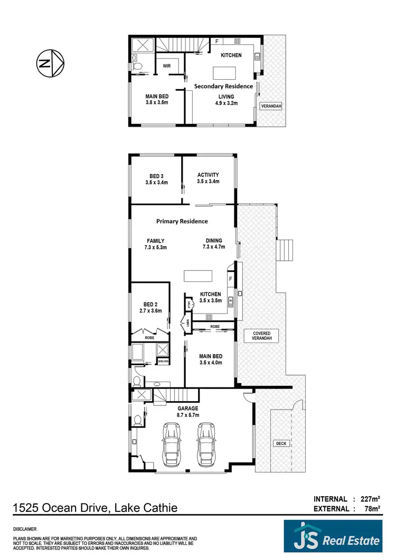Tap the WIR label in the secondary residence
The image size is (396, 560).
click(167, 67)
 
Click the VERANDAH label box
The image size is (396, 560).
click(271, 106)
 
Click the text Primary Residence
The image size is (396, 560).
click(182, 221)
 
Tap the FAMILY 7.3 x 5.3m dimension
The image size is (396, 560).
click(155, 247)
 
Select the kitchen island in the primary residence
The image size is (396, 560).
click(198, 276)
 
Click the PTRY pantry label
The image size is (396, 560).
click(188, 304)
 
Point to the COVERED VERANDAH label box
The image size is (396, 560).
click(261, 337)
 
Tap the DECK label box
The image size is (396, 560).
click(281, 443)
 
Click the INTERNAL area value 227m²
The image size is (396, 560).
click(372, 499)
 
